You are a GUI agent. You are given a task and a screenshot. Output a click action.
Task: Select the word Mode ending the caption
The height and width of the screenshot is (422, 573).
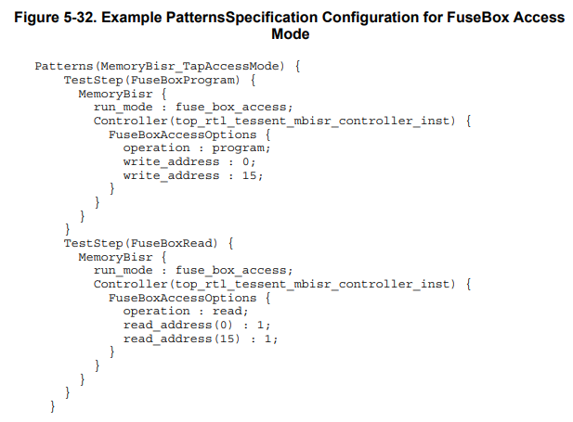click(x=289, y=33)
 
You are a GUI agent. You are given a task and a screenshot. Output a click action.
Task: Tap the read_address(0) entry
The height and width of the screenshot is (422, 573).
click(x=194, y=325)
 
